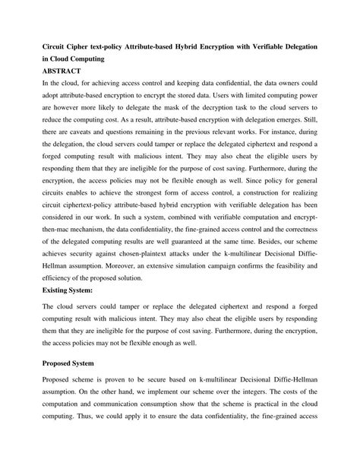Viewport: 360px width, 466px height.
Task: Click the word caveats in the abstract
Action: (x=84, y=130)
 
